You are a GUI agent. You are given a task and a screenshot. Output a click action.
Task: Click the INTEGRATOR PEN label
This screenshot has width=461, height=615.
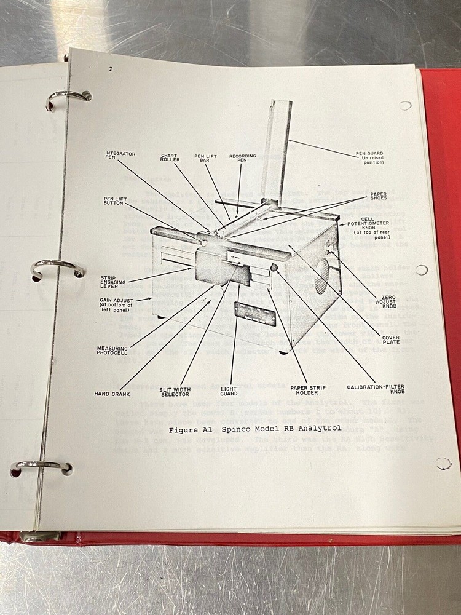(120, 155)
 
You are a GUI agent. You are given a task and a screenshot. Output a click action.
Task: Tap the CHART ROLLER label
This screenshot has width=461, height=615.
(170, 158)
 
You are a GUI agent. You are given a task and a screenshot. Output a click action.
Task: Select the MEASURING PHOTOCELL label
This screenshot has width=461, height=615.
(112, 351)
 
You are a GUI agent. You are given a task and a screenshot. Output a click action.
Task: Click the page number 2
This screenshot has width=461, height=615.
(111, 69)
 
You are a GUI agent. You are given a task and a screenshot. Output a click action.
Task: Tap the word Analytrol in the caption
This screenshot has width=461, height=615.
(317, 428)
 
